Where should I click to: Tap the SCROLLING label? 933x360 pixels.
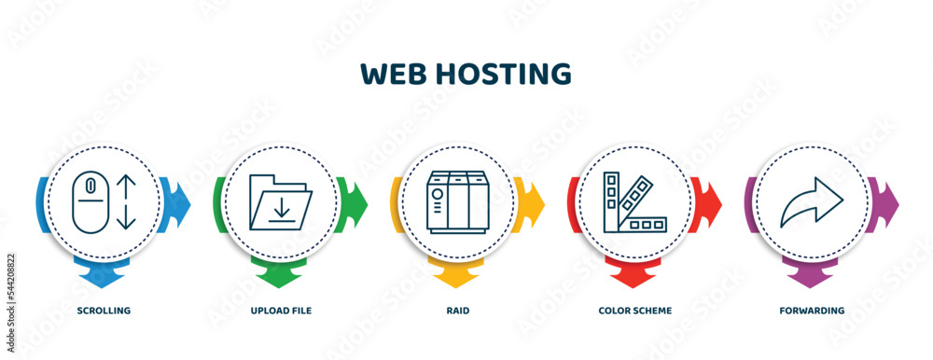click(x=104, y=310)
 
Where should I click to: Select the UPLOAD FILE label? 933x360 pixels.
click(x=282, y=310)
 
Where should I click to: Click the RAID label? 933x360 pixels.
click(x=457, y=310)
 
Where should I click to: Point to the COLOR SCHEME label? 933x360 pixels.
click(x=635, y=310)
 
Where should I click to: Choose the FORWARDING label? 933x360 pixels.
click(x=813, y=310)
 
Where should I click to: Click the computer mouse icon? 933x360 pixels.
click(x=90, y=201)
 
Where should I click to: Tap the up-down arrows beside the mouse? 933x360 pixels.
click(x=128, y=201)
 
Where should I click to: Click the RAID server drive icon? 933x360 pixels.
click(x=456, y=201)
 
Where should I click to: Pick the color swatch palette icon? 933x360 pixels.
click(x=634, y=201)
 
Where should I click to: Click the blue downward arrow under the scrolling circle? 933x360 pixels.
click(x=102, y=276)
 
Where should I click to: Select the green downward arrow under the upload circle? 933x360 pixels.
click(x=279, y=276)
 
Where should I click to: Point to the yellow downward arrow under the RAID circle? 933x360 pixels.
click(x=456, y=276)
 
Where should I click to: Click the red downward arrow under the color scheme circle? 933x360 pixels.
click(x=634, y=276)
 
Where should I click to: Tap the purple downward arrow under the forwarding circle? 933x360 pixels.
click(x=811, y=276)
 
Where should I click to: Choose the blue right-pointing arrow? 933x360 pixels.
click(x=179, y=200)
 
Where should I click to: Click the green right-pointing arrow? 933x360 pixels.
click(x=356, y=200)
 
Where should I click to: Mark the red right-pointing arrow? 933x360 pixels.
click(x=711, y=200)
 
